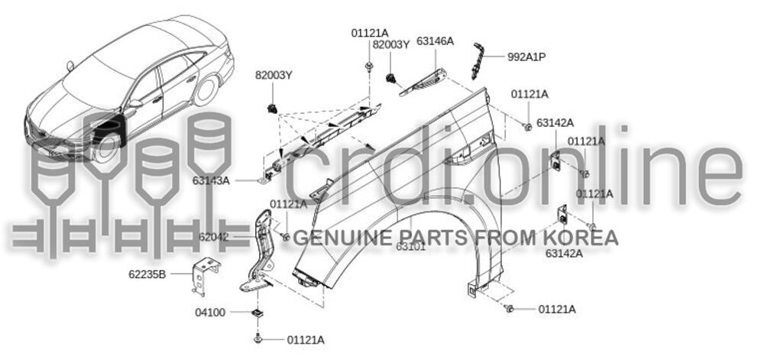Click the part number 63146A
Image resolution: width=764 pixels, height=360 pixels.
435,41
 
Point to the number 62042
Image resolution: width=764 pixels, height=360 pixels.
213,238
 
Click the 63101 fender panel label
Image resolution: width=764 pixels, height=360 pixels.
411,246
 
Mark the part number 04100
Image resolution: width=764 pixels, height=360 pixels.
212,313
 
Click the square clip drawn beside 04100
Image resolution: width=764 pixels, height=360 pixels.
257,313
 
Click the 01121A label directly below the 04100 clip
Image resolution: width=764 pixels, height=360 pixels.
306,339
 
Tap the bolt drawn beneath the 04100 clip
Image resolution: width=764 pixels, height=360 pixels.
257,337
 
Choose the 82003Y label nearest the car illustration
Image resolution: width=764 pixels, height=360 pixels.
274,75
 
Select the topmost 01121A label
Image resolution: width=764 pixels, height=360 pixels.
370,33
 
